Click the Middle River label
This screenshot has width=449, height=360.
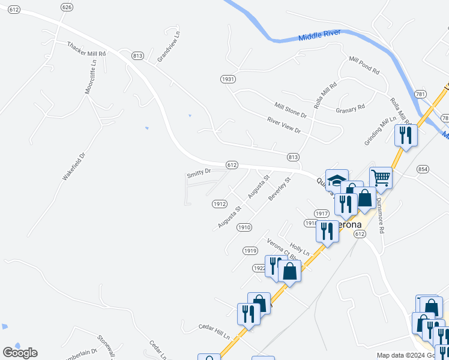(319, 35)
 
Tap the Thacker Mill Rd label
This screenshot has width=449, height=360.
(86, 49)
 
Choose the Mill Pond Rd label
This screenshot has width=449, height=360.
(364, 64)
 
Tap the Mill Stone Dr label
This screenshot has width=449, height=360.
(291, 110)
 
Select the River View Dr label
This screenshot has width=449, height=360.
(283, 125)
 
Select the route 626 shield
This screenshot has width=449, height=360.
(67, 7)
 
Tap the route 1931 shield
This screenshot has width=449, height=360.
(228, 79)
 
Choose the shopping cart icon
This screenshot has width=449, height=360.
(381, 177)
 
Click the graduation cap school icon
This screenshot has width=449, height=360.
(337, 179)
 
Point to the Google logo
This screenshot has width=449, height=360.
(20, 353)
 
